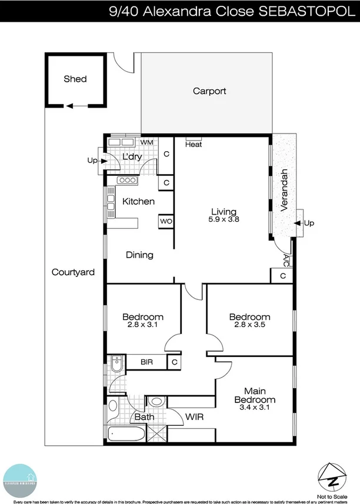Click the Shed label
(75, 79)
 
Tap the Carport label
(209, 91)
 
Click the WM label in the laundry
(147, 142)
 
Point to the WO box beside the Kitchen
(165, 222)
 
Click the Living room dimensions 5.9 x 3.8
(224, 219)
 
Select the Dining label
(139, 255)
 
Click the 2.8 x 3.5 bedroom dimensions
(249, 325)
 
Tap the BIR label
(146, 362)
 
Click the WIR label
(194, 417)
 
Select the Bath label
(144, 418)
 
